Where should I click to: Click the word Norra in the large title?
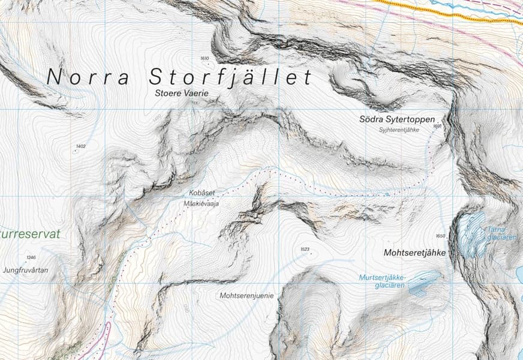click(88, 77)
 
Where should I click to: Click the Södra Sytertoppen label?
click(397, 119)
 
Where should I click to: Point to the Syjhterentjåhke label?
click(398, 130)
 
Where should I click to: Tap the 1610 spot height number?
click(205, 58)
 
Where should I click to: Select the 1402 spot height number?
click(81, 146)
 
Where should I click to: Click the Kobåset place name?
click(202, 193)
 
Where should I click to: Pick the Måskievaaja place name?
click(202, 204)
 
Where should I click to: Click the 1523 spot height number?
click(304, 249)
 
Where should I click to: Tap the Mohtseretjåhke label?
click(414, 253)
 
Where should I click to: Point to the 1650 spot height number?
click(441, 236)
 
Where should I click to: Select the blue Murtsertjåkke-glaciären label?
click(383, 281)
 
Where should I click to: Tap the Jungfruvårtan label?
click(25, 271)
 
